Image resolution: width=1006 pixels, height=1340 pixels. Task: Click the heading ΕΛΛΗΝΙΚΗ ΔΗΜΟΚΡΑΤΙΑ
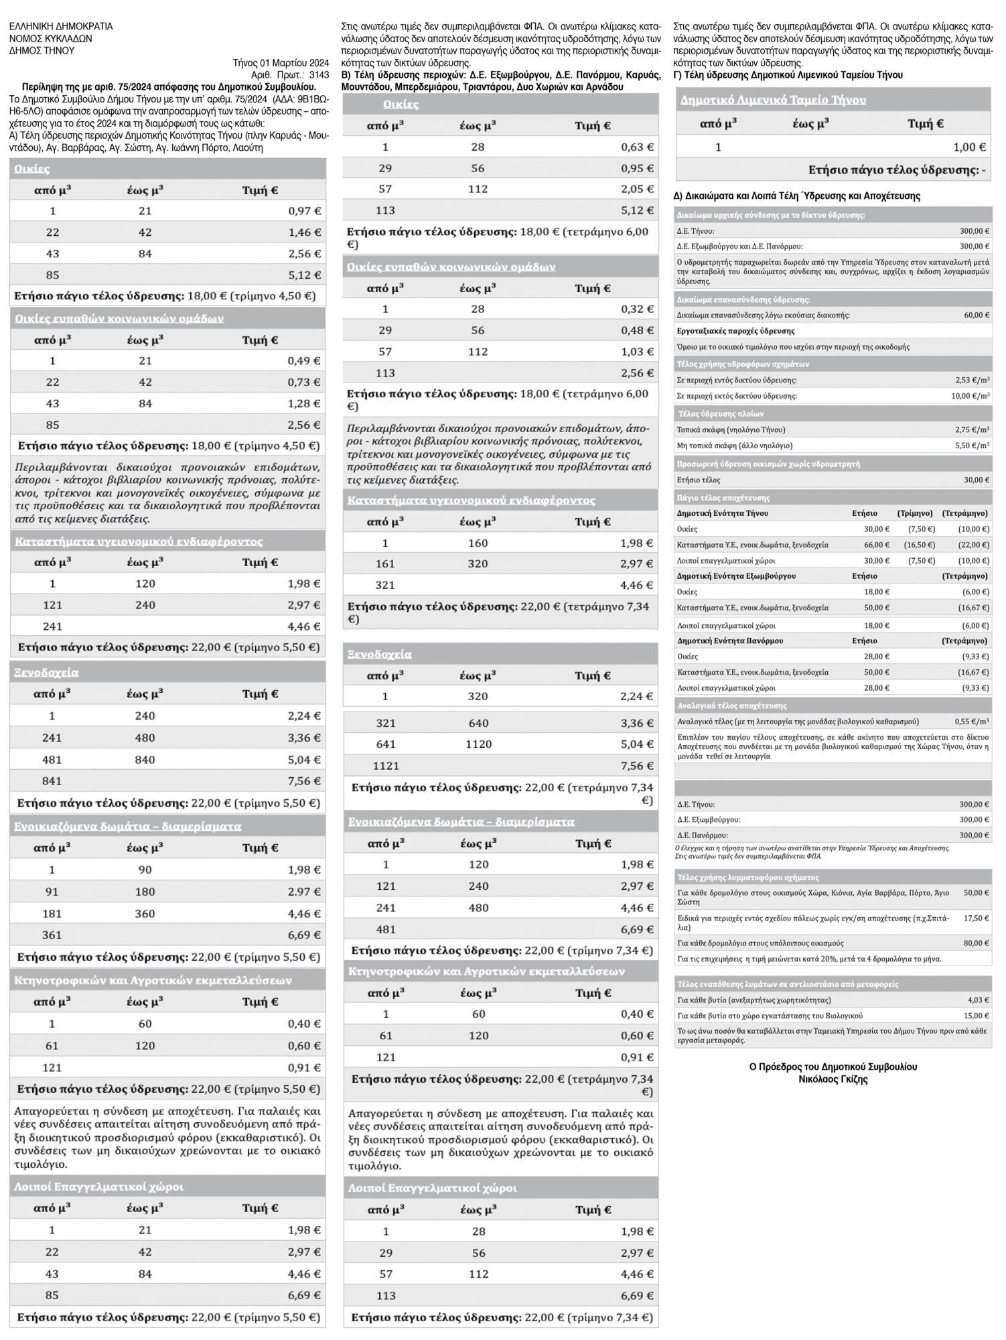[61, 27]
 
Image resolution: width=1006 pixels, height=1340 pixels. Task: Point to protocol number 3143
[318, 74]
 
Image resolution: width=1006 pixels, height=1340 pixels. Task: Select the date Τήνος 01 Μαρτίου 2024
[281, 63]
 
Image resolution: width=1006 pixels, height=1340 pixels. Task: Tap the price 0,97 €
[305, 211]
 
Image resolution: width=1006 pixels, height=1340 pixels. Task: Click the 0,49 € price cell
[305, 361]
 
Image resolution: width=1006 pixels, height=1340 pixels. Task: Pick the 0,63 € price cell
[637, 147]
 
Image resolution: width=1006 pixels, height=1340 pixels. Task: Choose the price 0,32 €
[637, 310]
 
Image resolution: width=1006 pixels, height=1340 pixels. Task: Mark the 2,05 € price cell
[637, 190]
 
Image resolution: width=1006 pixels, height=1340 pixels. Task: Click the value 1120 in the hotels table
[478, 744]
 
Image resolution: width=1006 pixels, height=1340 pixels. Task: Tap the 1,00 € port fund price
[969, 147]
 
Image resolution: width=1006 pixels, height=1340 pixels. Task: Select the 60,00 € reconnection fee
[977, 315]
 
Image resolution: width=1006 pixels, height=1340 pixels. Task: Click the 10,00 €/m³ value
[971, 396]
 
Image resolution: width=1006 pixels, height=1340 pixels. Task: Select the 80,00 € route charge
[977, 943]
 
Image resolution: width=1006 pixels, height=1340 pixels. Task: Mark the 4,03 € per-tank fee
[979, 1000]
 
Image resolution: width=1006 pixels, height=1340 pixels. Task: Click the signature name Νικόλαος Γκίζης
[833, 1079]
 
